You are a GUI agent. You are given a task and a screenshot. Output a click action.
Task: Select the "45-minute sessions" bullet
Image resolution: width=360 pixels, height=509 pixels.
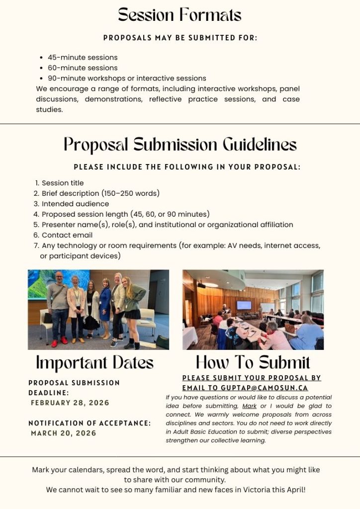(x=83, y=57)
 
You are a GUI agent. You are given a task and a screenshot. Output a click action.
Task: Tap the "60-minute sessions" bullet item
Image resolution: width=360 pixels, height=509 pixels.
(x=83, y=68)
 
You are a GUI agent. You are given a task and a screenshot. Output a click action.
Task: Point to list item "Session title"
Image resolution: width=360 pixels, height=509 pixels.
(x=63, y=183)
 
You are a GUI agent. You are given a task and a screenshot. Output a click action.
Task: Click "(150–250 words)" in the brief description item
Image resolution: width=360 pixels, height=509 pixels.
(x=130, y=193)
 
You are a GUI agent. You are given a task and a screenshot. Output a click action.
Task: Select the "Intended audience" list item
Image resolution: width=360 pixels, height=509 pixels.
(x=75, y=204)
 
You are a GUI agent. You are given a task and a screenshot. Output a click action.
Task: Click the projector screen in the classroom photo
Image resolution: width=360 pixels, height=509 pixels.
(x=244, y=305)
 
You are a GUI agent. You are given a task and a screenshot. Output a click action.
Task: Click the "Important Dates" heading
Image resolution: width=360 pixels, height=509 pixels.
(x=94, y=362)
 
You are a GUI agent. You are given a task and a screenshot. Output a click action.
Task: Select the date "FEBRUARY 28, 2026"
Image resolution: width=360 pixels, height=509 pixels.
(x=70, y=403)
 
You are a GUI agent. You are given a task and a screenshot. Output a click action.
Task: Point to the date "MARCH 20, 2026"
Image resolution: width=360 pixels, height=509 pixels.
(x=64, y=433)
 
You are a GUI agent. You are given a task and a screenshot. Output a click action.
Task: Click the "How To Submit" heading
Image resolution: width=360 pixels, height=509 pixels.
(x=253, y=362)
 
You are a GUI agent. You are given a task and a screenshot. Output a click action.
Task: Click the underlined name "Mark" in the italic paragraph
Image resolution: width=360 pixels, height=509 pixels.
(x=249, y=406)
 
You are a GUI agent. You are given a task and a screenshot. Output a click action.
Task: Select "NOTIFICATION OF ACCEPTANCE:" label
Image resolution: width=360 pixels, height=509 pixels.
(x=90, y=423)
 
